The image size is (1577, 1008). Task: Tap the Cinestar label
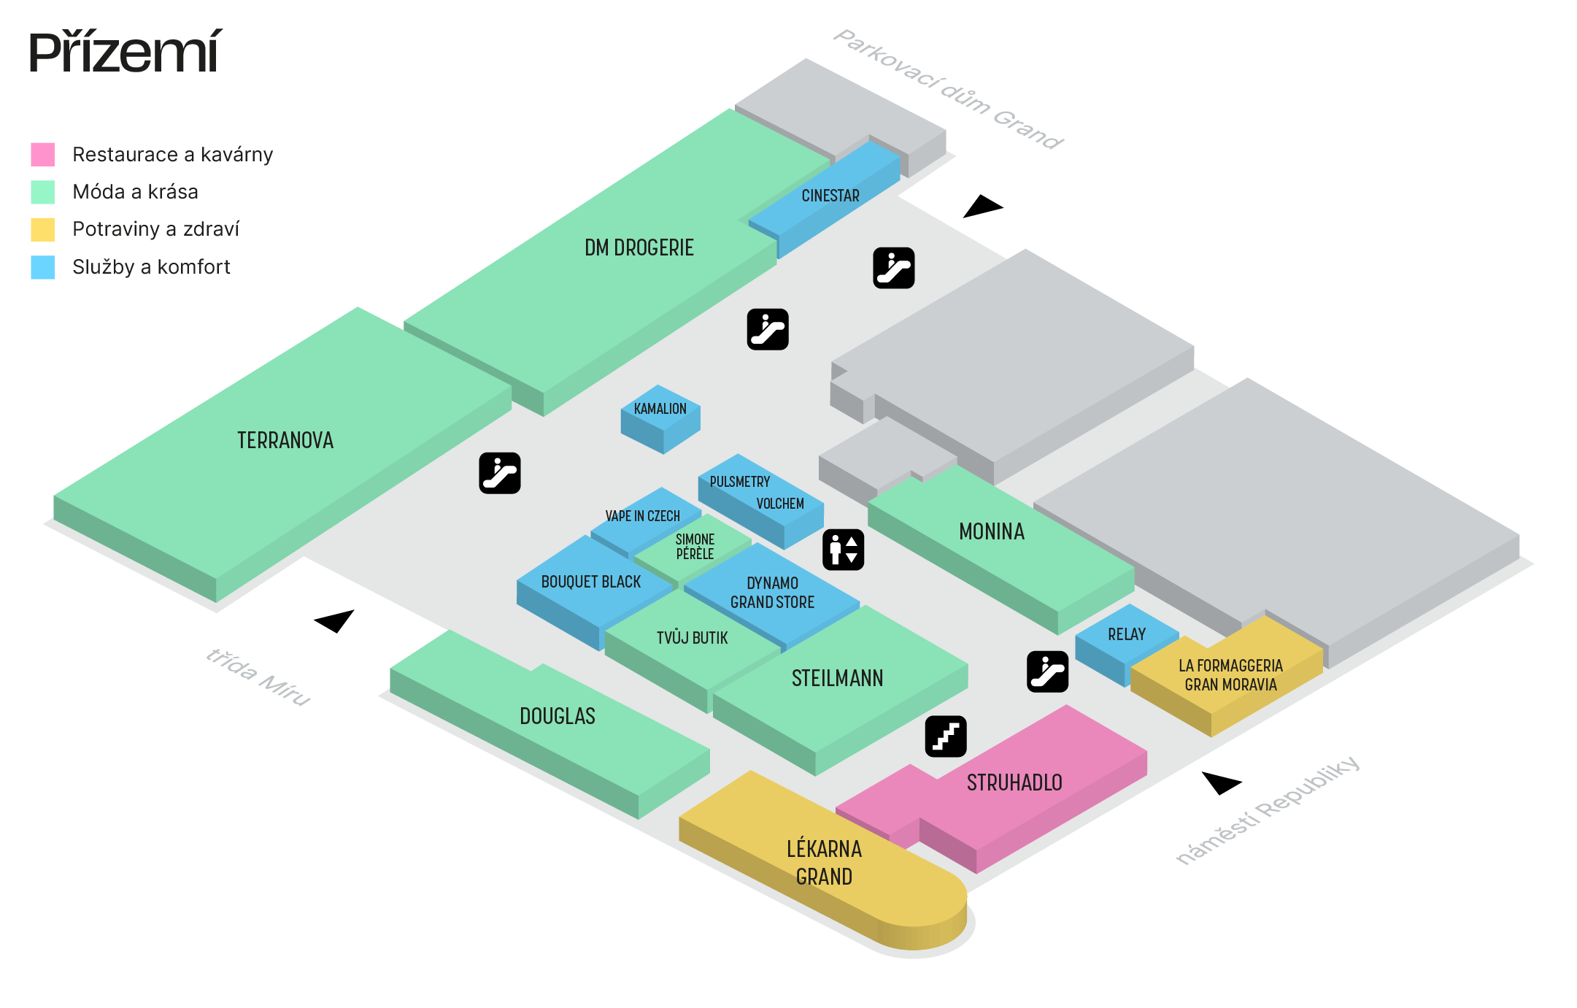[830, 196]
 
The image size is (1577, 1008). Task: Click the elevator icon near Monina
[843, 550]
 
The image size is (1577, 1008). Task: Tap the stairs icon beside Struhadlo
[946, 736]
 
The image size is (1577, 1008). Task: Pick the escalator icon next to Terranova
[500, 473]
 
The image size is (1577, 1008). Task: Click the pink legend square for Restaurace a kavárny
[42, 155]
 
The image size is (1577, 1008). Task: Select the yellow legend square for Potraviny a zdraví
[42, 229]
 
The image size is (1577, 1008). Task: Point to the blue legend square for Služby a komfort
[42, 267]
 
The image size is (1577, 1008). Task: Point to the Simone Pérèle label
[695, 546]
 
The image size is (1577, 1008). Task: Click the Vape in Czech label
[642, 516]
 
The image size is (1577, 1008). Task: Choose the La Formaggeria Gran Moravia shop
[1230, 675]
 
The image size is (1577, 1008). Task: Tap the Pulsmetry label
[739, 482]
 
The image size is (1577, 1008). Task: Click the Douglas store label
[558, 716]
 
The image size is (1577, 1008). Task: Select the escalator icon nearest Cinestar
[893, 268]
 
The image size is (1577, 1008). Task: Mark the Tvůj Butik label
[692, 638]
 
